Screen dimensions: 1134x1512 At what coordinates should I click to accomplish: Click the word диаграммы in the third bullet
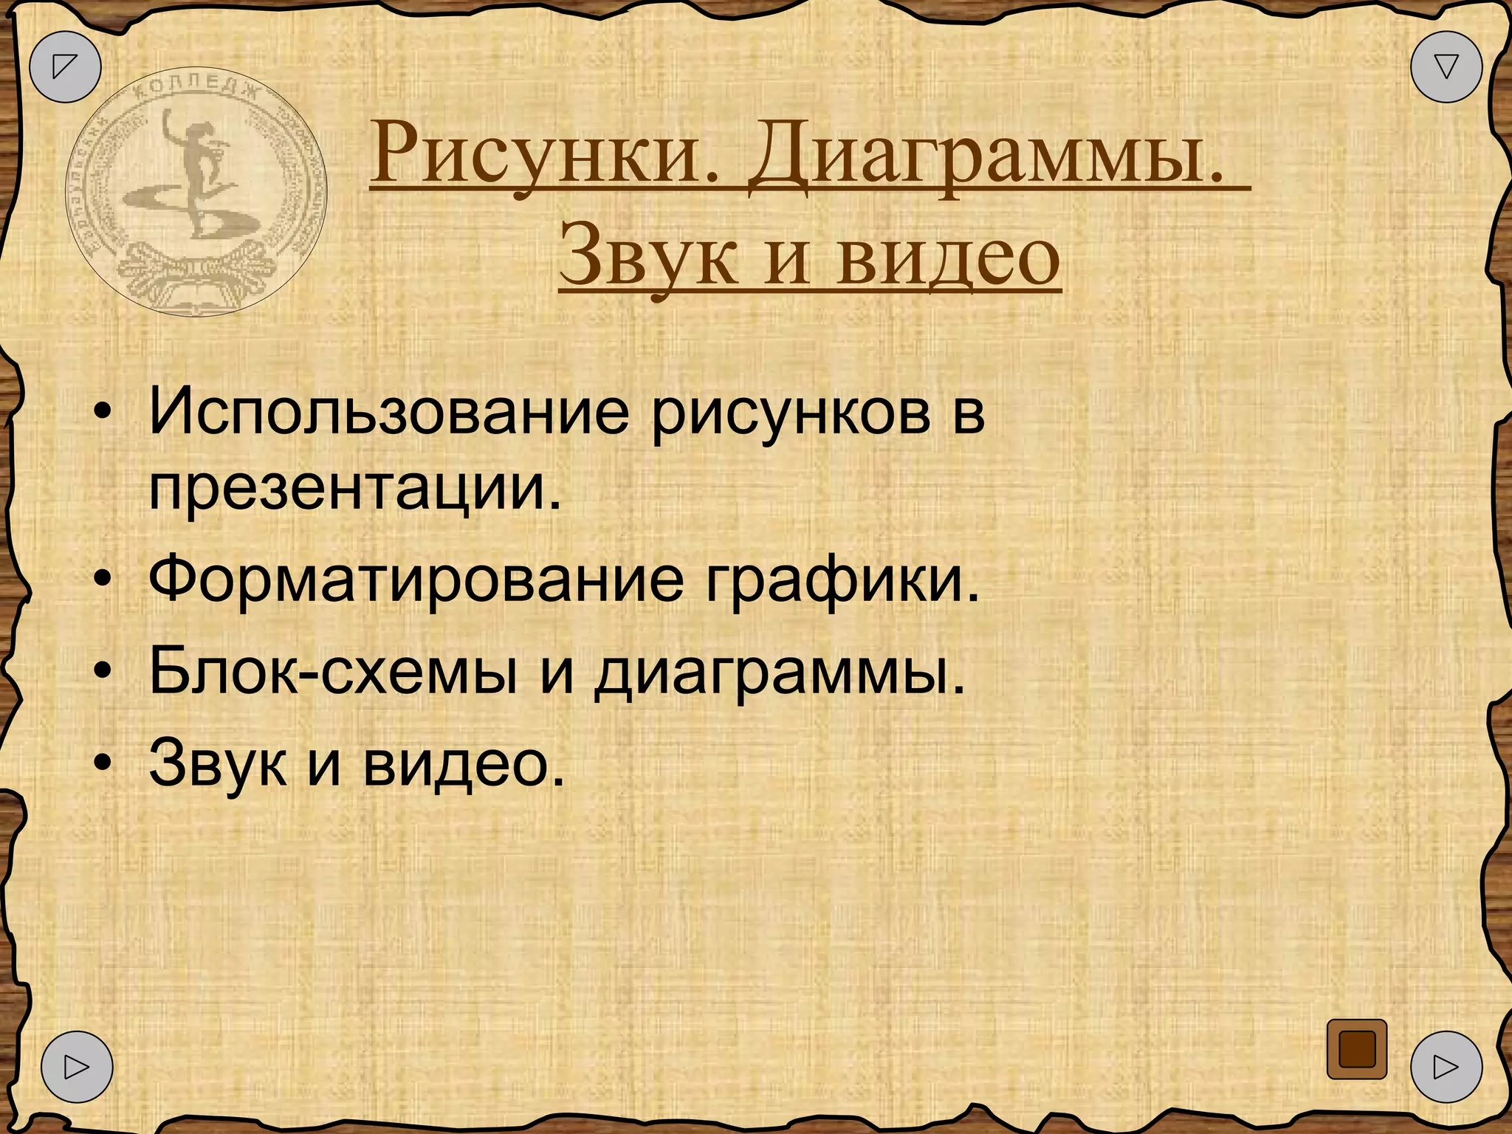pyautogui.click(x=779, y=673)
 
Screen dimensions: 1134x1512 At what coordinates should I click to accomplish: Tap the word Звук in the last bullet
pyautogui.click(x=217, y=763)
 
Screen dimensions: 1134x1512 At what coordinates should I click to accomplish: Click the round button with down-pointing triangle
pyautogui.click(x=1446, y=66)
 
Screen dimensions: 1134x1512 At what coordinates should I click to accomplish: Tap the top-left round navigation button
pyautogui.click(x=65, y=66)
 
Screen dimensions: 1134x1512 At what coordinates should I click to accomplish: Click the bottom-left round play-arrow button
pyautogui.click(x=77, y=1066)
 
